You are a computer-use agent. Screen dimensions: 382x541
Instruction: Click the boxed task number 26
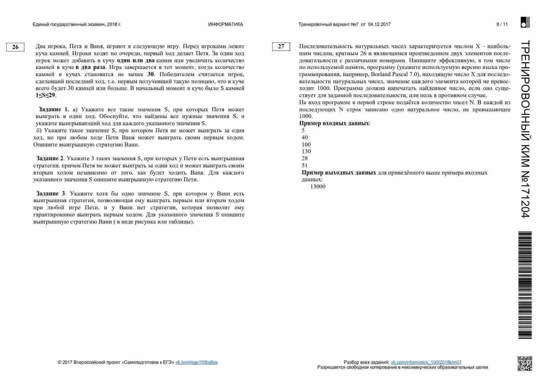coord(15,47)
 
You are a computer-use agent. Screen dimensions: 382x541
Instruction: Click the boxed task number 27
coord(281,47)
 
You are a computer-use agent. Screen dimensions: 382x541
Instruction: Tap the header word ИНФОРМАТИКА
coord(225,24)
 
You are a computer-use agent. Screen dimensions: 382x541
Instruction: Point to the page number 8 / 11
coord(502,24)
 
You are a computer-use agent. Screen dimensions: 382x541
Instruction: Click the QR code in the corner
coord(525,364)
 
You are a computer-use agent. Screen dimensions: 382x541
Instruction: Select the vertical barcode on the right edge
coord(525,285)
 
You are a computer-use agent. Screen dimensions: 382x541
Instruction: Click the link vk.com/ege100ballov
coord(196,362)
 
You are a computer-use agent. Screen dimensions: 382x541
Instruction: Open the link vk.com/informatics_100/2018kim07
coord(426,362)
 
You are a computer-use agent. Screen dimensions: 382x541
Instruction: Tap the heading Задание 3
coord(51,194)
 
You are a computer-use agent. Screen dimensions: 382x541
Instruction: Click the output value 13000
coord(318,187)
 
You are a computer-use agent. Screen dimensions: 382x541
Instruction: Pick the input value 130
coord(306,151)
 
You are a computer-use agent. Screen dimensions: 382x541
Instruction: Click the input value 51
coord(305,166)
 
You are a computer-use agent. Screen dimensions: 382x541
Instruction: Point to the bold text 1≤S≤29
coord(45,95)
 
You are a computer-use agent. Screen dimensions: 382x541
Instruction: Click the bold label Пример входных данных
coord(334,123)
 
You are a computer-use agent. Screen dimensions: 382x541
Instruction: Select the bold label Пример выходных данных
coord(339,173)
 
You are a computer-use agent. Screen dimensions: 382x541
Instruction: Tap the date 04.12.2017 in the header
coord(379,24)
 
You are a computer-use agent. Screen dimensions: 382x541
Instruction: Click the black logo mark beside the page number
coord(525,23)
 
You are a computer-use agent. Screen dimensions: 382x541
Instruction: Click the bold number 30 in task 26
coord(151,74)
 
